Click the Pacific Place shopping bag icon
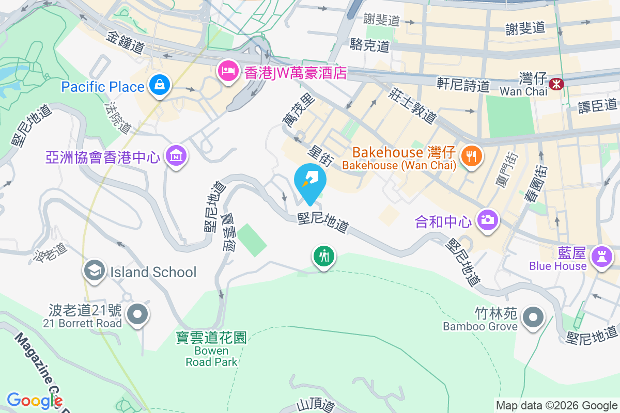[160, 85]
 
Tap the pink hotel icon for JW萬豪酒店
[228, 70]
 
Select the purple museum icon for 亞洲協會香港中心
[176, 155]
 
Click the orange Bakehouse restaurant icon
[470, 154]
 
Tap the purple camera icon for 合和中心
[487, 220]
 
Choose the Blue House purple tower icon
[601, 256]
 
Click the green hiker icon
[324, 256]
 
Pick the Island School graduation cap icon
[94, 271]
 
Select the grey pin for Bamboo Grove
[532, 316]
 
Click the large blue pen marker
[309, 181]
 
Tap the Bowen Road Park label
[211, 350]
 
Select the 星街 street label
[320, 154]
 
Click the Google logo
[34, 400]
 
